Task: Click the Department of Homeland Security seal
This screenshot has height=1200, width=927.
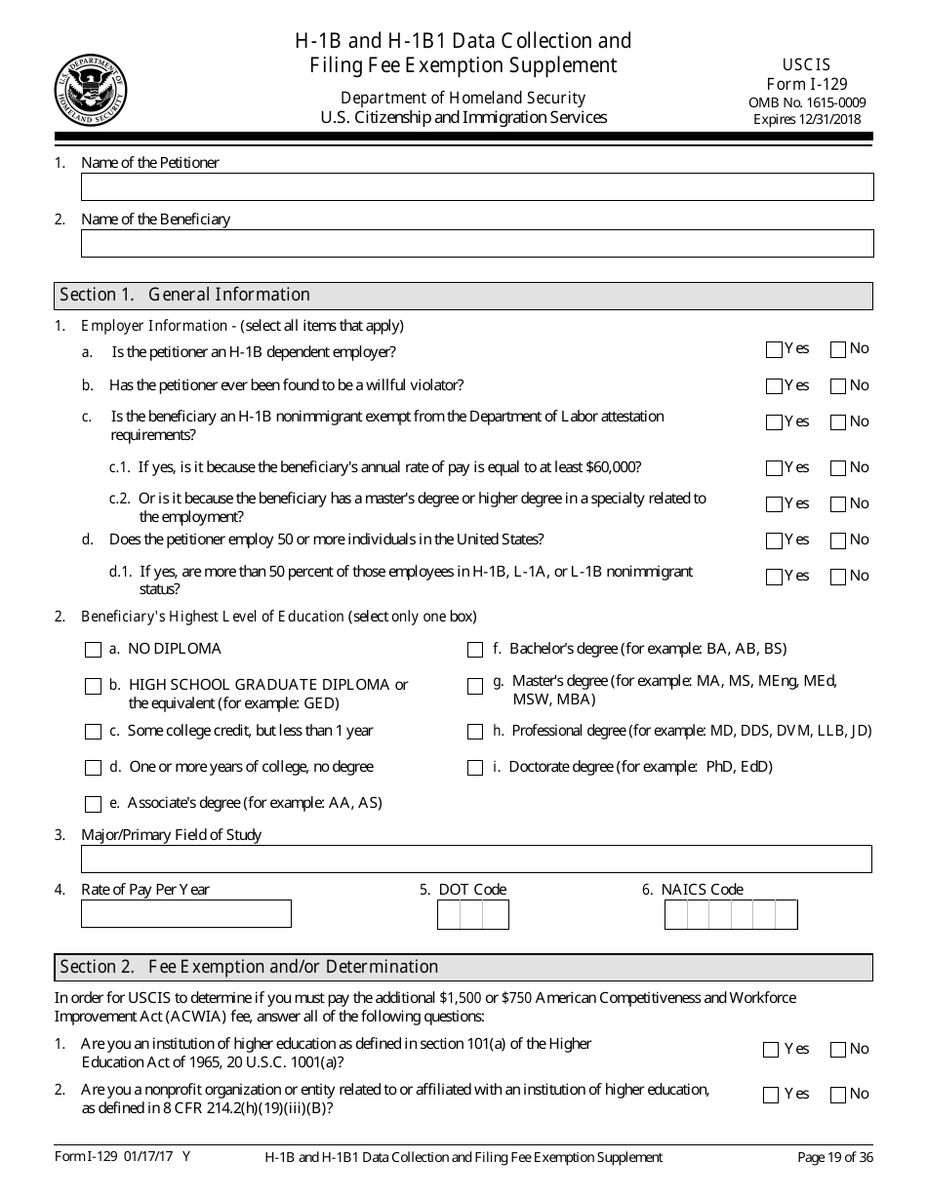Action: coord(91,91)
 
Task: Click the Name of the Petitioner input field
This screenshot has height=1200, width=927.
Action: coord(476,187)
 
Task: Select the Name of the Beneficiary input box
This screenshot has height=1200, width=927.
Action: coord(476,243)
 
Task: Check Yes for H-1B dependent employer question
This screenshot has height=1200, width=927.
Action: coord(775,350)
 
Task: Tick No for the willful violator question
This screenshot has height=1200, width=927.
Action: coord(838,386)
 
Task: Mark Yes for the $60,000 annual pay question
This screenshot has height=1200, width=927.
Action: coord(775,468)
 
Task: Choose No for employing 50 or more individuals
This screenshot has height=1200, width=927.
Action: coord(838,540)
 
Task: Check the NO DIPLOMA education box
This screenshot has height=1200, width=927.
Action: coord(94,650)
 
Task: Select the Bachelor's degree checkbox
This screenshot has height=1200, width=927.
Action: coord(475,650)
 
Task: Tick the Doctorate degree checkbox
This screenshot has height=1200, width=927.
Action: coord(475,768)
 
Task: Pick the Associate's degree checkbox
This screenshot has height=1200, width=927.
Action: coord(94,805)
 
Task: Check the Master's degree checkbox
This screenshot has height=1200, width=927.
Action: coord(475,686)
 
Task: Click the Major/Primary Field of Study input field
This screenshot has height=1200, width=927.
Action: coord(476,859)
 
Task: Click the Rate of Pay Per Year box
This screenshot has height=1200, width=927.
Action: coord(186,914)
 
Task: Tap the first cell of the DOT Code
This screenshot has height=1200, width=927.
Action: coord(449,915)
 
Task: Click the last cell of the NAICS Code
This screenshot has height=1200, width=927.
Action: coord(786,915)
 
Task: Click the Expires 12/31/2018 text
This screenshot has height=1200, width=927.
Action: coord(807,119)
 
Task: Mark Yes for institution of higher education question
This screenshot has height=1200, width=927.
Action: coord(771,1050)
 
